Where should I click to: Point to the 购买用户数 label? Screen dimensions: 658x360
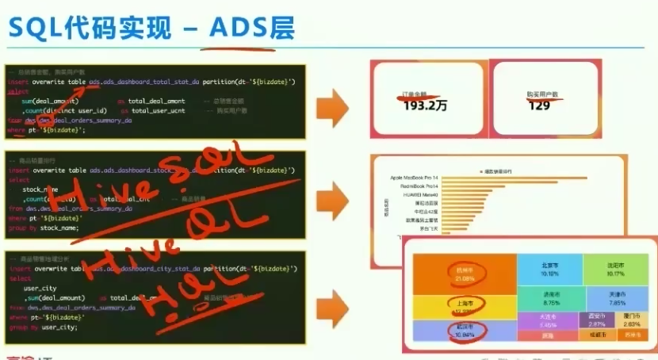[541, 94]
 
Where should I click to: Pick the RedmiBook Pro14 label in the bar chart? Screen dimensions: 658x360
[420, 186]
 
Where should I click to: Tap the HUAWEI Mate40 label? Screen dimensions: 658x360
[420, 194]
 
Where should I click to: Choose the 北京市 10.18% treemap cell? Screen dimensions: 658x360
[549, 269]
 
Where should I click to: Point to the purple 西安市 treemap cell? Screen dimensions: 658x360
[596, 320]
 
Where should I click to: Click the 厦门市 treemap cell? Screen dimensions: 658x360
[631, 320]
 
